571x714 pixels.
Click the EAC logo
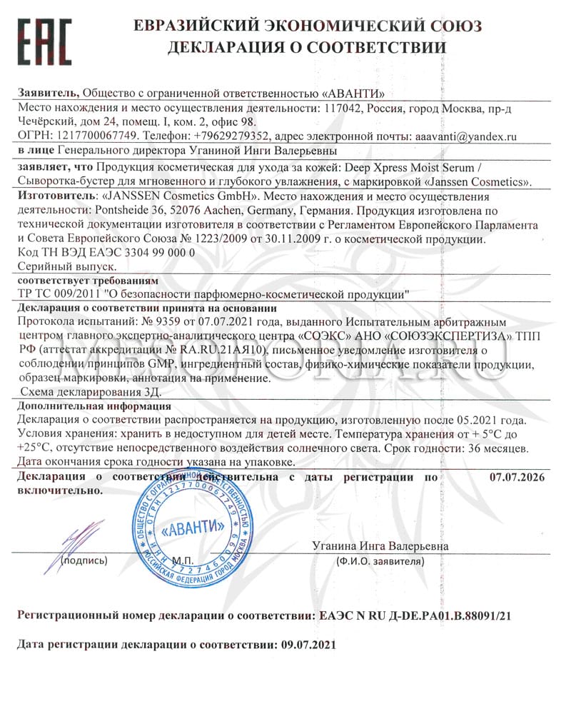coord(44,39)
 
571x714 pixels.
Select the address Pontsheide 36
coord(130,211)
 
